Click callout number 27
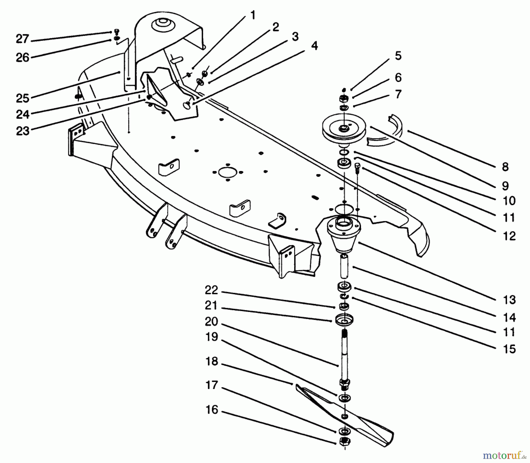pyautogui.click(x=22, y=39)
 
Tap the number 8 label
pyautogui.click(x=505, y=167)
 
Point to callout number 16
pyautogui.click(x=212, y=410)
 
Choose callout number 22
pyautogui.click(x=211, y=290)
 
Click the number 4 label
pyautogui.click(x=315, y=46)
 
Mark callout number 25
pyautogui.click(x=23, y=98)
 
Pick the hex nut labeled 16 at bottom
pyautogui.click(x=343, y=441)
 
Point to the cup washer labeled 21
pyautogui.click(x=344, y=320)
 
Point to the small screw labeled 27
pyautogui.click(x=116, y=31)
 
